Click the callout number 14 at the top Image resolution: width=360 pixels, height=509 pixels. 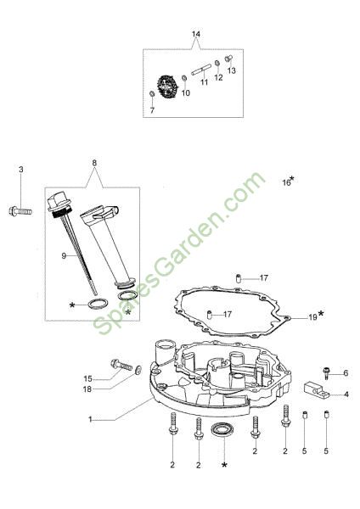pos(196,34)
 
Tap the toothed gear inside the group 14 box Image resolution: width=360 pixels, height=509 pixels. pos(168,87)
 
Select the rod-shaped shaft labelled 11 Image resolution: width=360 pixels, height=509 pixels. pos(201,70)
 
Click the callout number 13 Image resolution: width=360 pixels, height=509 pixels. pos(232,70)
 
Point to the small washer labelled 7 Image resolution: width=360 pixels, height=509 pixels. pos(152,94)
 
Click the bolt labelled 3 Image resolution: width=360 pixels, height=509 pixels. pos(20,211)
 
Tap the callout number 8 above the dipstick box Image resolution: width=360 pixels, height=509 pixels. pos(94,163)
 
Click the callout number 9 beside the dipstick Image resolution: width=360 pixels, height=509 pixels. pos(64,256)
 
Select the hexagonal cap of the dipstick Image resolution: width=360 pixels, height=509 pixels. pos(59,203)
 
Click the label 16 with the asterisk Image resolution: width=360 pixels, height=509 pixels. pos(288,182)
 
